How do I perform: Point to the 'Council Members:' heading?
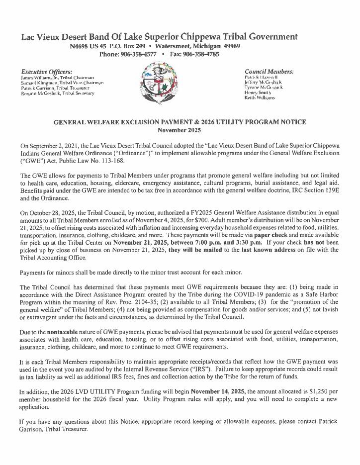pos(269,71)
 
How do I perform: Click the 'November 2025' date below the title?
pos(180,130)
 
